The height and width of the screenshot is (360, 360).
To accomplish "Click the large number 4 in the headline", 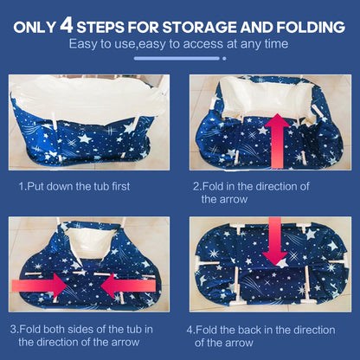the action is tap(67, 26).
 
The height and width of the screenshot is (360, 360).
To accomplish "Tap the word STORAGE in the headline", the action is tap(200, 27).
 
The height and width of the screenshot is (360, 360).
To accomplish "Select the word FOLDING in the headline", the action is tap(311, 27).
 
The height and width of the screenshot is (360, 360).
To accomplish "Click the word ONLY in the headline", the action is tap(35, 28).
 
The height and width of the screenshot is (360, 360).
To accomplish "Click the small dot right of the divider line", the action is tap(224, 59).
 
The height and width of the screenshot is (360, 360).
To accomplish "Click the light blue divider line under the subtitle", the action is tap(177, 59).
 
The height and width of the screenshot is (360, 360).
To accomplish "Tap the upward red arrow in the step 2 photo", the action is tap(277, 141).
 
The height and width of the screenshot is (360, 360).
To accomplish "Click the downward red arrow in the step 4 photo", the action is tap(275, 241).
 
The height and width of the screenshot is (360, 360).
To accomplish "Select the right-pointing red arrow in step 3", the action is tap(40, 286).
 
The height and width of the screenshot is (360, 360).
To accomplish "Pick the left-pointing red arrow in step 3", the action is tap(128, 286).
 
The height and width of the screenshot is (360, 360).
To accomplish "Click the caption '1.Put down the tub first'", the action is tap(74, 186).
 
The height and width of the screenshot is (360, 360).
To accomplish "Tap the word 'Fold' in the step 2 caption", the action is tap(213, 186).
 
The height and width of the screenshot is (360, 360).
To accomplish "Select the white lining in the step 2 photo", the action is tap(267, 98).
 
